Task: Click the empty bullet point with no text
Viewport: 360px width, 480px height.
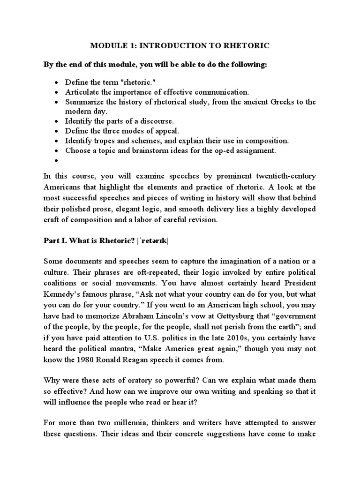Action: [x=56, y=160]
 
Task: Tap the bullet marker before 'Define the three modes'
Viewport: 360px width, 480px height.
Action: [x=56, y=131]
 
